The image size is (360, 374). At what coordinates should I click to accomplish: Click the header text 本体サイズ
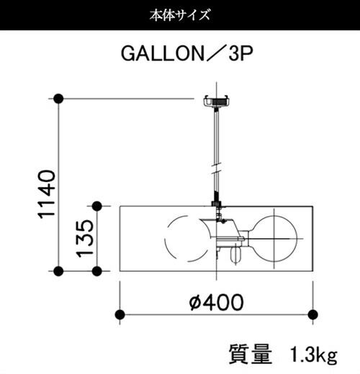(179, 15)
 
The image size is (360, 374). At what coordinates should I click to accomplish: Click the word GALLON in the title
(163, 53)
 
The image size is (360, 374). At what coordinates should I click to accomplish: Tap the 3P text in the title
(240, 53)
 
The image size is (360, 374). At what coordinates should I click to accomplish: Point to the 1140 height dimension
(47, 194)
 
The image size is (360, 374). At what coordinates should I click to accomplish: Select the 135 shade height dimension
(84, 238)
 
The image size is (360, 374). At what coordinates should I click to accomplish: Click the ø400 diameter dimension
(216, 301)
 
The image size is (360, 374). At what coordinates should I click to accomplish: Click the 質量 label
(251, 354)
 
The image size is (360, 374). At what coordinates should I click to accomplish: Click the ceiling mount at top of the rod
(217, 101)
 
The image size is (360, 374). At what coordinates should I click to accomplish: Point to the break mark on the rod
(217, 168)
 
